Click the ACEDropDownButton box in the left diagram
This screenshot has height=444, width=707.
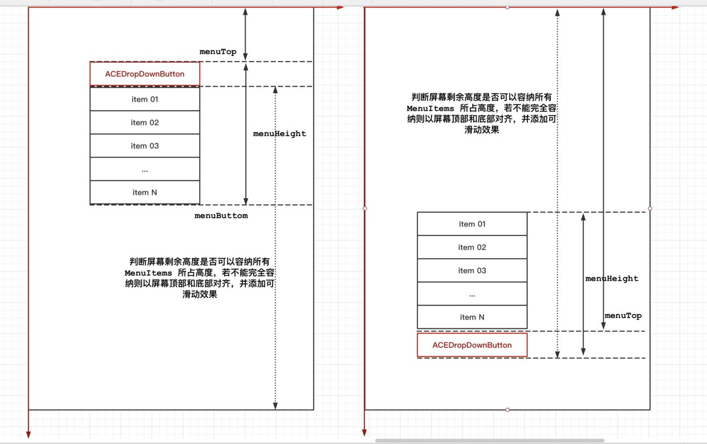[145, 74]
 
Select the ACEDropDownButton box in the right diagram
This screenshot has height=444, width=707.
[472, 345]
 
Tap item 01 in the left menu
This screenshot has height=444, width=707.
[145, 99]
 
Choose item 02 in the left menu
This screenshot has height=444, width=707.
[145, 123]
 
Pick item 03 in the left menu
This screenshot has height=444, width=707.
[145, 146]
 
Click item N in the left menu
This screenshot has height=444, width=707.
[145, 193]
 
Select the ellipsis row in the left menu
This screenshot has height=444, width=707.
[145, 169]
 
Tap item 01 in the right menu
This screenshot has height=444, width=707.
[472, 224]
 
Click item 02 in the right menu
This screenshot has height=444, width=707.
[472, 247]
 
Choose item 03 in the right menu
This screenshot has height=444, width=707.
[472, 271]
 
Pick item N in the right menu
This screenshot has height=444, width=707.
[472, 317]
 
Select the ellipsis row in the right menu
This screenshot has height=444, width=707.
[472, 294]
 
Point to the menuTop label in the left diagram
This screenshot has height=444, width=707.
[218, 52]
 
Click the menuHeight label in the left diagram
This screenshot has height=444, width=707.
[279, 134]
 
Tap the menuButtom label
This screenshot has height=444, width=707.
[221, 216]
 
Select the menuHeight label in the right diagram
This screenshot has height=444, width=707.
[612, 279]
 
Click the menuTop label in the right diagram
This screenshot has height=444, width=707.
[623, 316]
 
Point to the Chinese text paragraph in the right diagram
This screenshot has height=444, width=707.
[482, 113]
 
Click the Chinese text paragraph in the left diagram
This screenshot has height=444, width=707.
[200, 278]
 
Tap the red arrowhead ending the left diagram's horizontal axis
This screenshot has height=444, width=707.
[340, 8]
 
